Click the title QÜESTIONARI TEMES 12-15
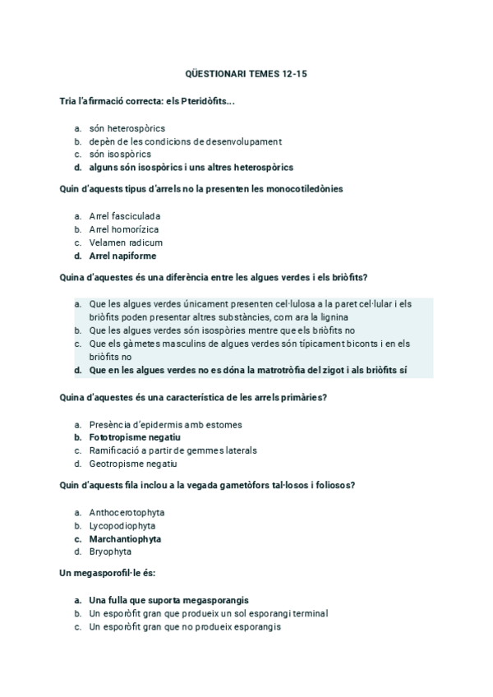tap(246, 75)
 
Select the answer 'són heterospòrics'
tap(127, 128)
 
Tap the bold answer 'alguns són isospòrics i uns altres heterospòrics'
tap(191, 167)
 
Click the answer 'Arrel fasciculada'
tap(125, 216)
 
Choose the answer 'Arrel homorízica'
tap(124, 229)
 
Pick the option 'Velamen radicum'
tap(126, 242)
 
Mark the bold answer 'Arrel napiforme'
tap(122, 256)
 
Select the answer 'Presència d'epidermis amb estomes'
tap(165, 424)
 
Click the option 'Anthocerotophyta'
tap(127, 512)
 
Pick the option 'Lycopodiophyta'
tap(122, 525)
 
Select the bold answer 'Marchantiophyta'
tap(125, 539)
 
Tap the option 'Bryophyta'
tap(110, 552)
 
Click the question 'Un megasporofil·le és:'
tap(108, 572)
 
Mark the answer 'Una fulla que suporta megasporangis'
tap(168, 600)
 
